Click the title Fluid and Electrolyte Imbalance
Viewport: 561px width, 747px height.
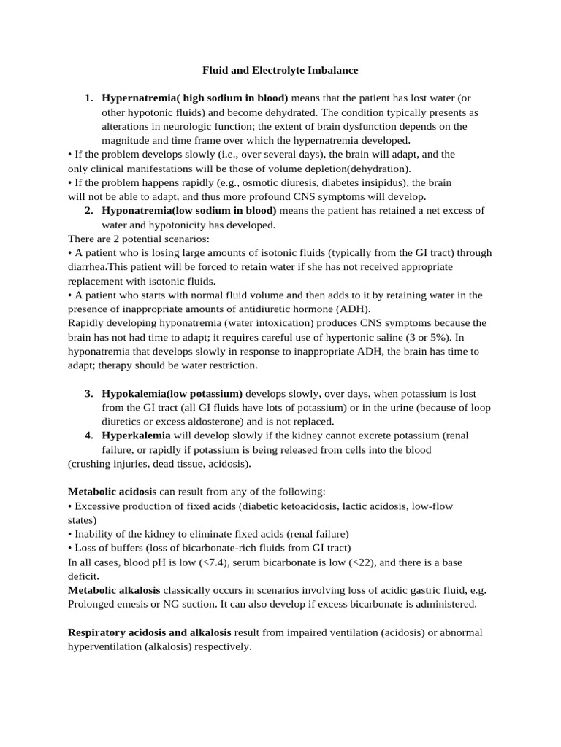280,71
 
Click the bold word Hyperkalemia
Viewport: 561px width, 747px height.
136,436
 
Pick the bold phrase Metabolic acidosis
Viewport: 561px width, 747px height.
112,492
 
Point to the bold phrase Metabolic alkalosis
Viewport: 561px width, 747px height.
114,589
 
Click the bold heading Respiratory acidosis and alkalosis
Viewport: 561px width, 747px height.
150,632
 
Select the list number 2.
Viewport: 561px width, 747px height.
88,211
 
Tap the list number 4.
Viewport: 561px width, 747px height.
88,436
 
